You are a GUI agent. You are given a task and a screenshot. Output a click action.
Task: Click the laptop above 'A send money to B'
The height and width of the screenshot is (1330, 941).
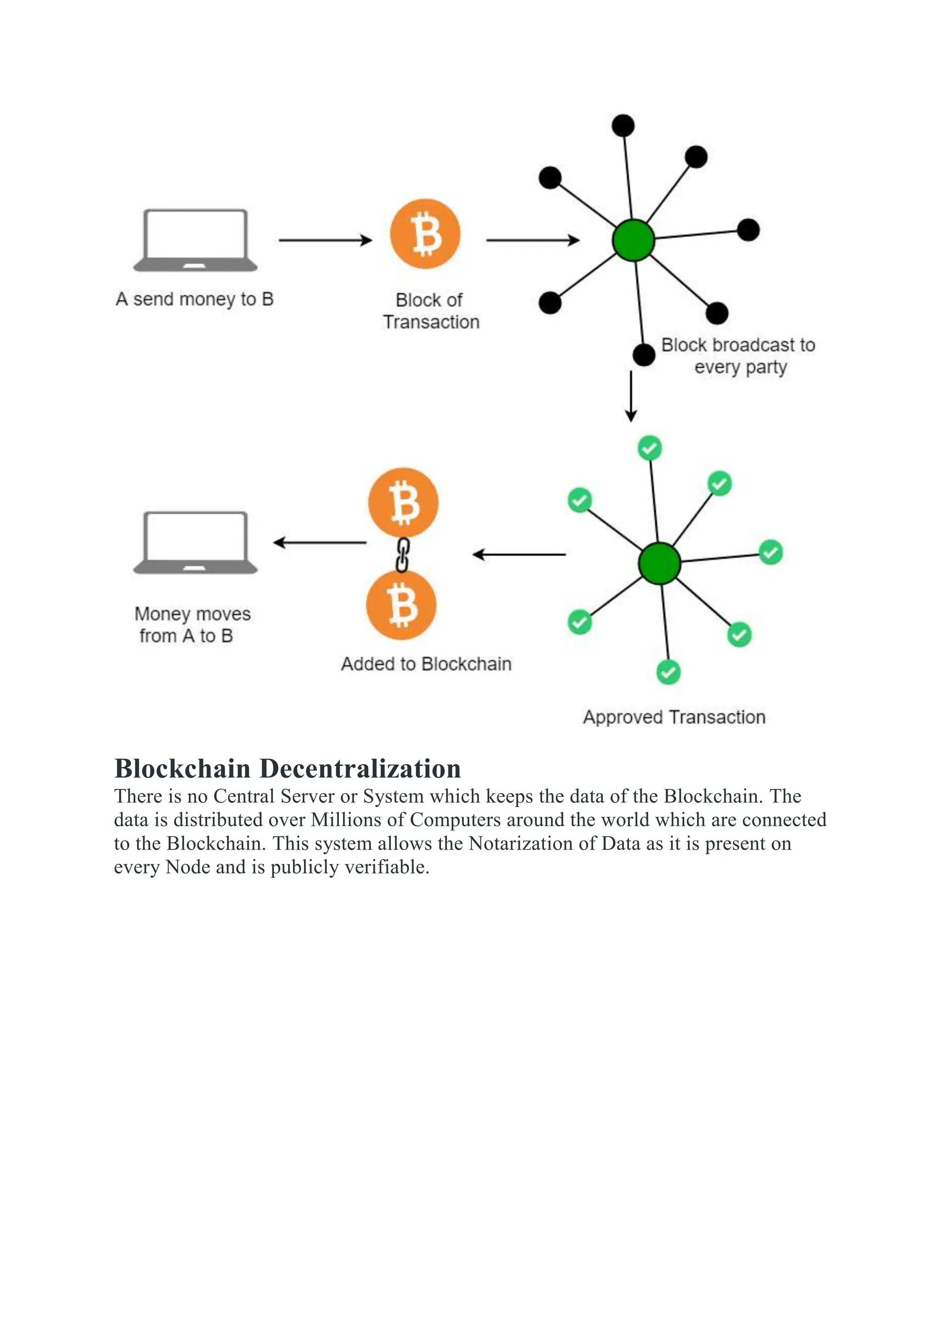[195, 240]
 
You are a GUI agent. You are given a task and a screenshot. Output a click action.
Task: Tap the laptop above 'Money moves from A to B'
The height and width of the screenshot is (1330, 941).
[195, 542]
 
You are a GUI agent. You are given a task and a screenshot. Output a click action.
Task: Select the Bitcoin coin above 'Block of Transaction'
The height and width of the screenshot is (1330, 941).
[425, 234]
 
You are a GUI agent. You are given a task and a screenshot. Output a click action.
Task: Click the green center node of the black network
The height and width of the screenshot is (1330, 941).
[633, 240]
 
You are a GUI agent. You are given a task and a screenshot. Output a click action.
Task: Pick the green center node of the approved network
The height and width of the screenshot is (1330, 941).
[659, 563]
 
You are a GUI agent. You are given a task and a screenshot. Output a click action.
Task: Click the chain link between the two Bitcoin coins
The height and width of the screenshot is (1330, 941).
[402, 554]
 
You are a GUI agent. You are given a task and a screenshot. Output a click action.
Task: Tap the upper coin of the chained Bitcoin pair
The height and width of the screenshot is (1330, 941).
[403, 503]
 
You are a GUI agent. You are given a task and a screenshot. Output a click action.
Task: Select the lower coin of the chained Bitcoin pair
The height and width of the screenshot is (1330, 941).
[401, 605]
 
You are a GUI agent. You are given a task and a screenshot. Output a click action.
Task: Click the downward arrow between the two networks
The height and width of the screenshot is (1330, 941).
[631, 396]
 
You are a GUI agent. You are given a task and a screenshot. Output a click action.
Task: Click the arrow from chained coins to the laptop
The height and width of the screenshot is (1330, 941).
[320, 543]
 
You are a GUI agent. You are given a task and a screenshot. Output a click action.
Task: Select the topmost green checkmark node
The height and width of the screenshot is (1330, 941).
[650, 448]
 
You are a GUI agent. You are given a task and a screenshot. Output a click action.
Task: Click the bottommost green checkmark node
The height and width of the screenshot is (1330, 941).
[668, 672]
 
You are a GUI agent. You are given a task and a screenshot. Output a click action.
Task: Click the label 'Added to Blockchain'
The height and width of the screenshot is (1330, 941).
[426, 664]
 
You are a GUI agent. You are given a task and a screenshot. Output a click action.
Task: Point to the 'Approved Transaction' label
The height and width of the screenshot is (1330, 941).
[674, 717]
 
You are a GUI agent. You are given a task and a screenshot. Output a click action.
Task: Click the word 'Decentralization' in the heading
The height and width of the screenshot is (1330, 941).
[360, 769]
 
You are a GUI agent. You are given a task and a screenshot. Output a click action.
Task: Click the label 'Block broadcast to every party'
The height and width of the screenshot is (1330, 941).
[739, 355]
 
